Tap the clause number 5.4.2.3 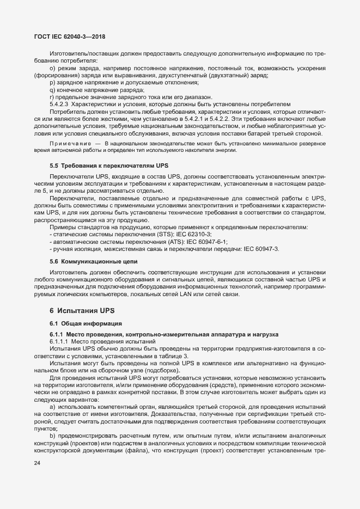coord(60,103)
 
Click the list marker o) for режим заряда coord(53,68)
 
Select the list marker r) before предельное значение coord(52,96)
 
